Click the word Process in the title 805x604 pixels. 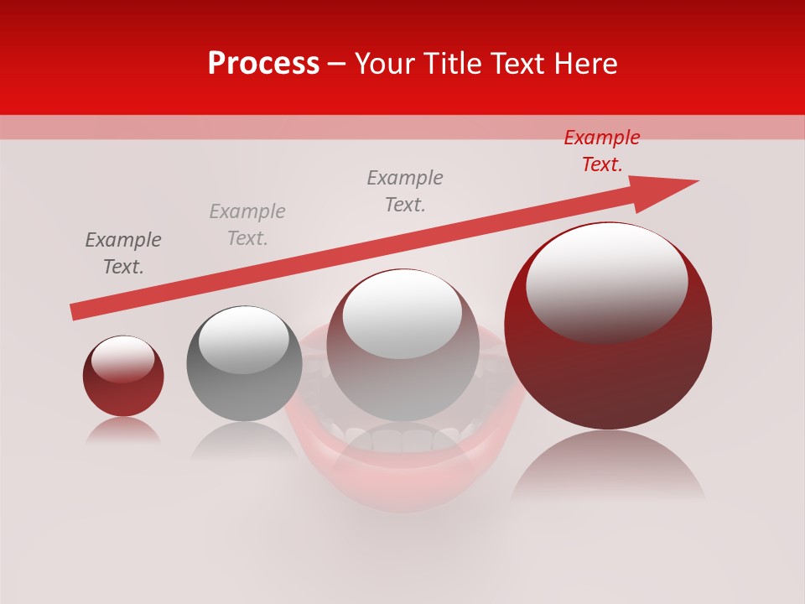(x=263, y=64)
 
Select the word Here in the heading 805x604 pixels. (x=586, y=64)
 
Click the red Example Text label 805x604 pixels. (x=602, y=151)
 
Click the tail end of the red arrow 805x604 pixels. (x=75, y=311)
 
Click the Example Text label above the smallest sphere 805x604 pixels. (x=123, y=253)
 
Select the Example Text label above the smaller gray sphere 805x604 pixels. (x=247, y=225)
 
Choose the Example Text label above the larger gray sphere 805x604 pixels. (x=405, y=191)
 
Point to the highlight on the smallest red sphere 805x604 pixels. (x=122, y=359)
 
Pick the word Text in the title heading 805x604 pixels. (x=518, y=64)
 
